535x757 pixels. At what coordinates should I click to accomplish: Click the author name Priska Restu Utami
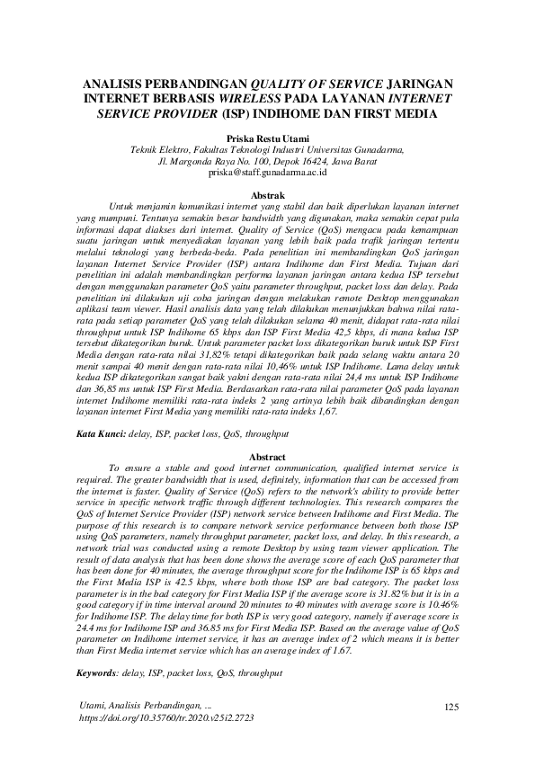click(267, 138)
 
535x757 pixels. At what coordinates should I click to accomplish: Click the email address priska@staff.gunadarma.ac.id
click(267, 171)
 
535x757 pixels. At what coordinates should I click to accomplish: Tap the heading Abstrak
click(267, 195)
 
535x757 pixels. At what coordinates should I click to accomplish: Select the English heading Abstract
click(267, 457)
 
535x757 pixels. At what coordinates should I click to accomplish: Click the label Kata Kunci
click(101, 433)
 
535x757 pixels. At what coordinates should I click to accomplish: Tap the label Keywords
click(99, 672)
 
